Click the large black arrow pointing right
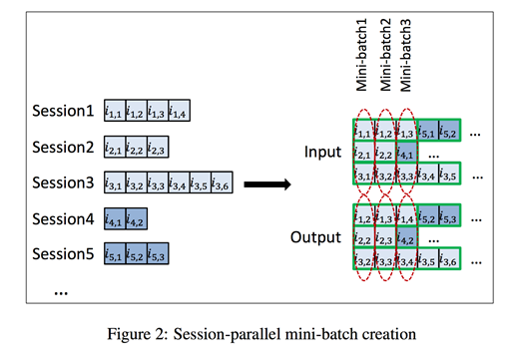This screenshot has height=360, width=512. tap(267, 183)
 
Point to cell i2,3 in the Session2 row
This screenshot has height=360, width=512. tap(157, 148)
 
